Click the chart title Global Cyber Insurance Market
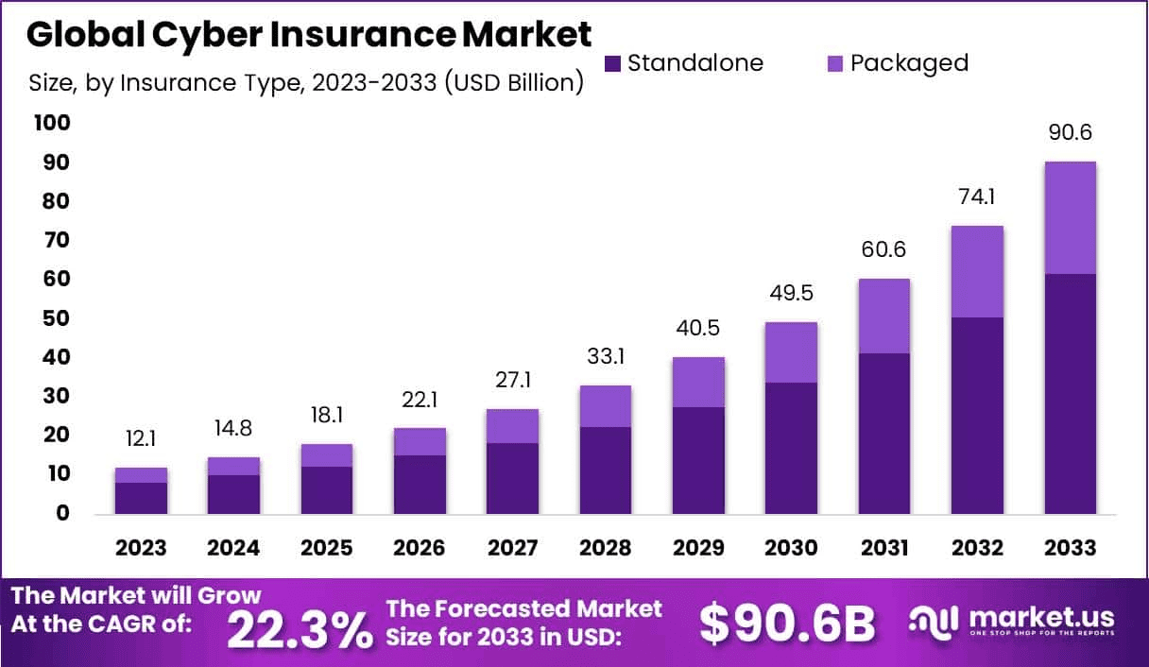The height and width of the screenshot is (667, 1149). [x=309, y=34]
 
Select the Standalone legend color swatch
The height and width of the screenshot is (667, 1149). [x=612, y=63]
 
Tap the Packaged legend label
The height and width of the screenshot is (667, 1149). [x=909, y=63]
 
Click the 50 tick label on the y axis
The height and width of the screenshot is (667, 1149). [x=54, y=318]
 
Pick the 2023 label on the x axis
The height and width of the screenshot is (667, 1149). [x=141, y=548]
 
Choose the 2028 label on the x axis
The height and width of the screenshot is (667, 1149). [x=605, y=548]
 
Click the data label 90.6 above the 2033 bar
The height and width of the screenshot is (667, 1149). [x=1070, y=133]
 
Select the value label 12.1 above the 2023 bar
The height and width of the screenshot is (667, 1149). [x=141, y=440]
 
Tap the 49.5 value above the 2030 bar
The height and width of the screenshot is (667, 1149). [x=791, y=294]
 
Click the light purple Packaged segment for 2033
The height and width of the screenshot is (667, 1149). [x=1070, y=217]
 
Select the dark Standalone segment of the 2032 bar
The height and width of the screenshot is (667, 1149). [x=977, y=416]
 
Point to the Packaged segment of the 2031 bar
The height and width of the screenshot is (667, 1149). [x=883, y=316]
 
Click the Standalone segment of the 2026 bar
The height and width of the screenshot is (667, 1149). [x=420, y=485]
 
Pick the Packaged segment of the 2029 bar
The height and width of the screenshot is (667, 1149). [x=698, y=382]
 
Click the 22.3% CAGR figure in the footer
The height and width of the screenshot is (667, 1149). [x=300, y=629]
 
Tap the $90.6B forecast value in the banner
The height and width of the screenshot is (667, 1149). [x=787, y=624]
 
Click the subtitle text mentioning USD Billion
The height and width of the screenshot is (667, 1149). [x=305, y=83]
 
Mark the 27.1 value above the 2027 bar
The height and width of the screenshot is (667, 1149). [x=512, y=381]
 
